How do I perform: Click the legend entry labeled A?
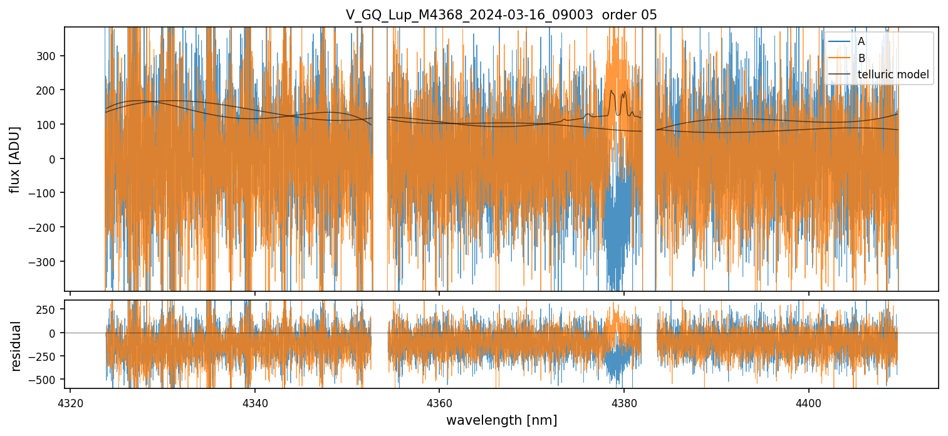coord(862,42)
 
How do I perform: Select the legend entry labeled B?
coord(862,58)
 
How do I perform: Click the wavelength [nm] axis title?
coord(501,420)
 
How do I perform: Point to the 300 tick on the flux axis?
coord(49,56)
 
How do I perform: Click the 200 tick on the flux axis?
coord(49,90)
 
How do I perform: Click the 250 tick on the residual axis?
coord(49,309)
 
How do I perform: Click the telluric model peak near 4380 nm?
coord(612,91)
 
